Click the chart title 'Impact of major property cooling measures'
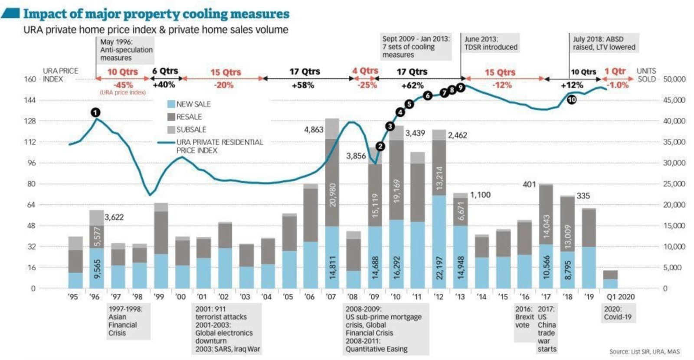[x=156, y=14]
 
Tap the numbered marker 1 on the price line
[x=95, y=113]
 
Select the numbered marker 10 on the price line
[x=572, y=100]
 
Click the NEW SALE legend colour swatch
[x=171, y=104]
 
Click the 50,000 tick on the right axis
[x=674, y=79]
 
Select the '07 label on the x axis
[x=331, y=297]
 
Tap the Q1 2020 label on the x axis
[x=620, y=297]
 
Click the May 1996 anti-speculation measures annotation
[x=126, y=50]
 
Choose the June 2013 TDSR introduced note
[x=491, y=43]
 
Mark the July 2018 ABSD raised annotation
[x=604, y=43]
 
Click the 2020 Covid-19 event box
[x=618, y=313]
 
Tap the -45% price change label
[x=123, y=85]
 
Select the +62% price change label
[x=412, y=85]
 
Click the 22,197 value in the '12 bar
[x=439, y=268]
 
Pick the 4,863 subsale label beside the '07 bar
[x=314, y=130]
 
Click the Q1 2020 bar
[x=610, y=280]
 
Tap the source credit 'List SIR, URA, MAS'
[x=645, y=352]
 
